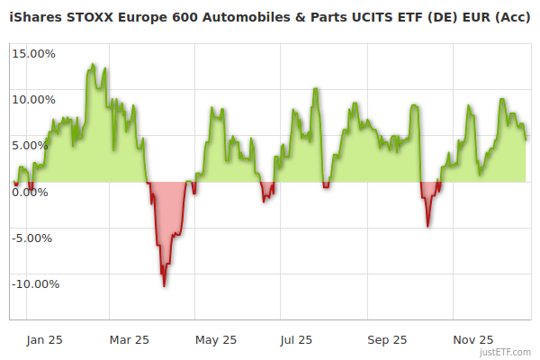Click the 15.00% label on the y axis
(x=34, y=53)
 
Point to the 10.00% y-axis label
(x=34, y=99)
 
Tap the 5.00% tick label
(x=37, y=145)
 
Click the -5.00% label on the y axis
(x=34, y=238)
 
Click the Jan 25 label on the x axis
(x=44, y=339)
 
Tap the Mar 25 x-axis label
(x=130, y=339)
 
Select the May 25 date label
(x=216, y=339)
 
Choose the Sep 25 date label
(x=388, y=339)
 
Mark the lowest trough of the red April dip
(x=164, y=286)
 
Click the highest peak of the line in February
(x=93, y=64)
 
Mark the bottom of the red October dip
(x=427, y=227)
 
